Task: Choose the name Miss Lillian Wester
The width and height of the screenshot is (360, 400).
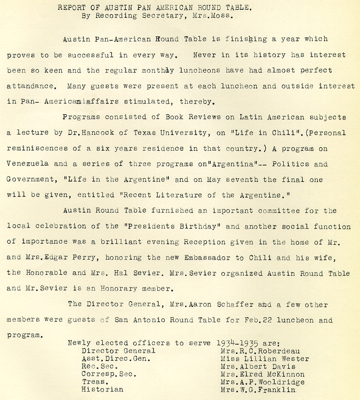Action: (x=265, y=359)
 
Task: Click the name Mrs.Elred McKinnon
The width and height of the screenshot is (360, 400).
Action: (x=262, y=374)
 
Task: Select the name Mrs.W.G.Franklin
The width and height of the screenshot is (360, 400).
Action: (x=258, y=390)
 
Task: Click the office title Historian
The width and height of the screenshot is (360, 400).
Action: (x=102, y=390)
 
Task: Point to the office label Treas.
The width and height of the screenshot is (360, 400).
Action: (x=95, y=382)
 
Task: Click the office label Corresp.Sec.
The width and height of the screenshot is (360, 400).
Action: (x=109, y=374)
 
